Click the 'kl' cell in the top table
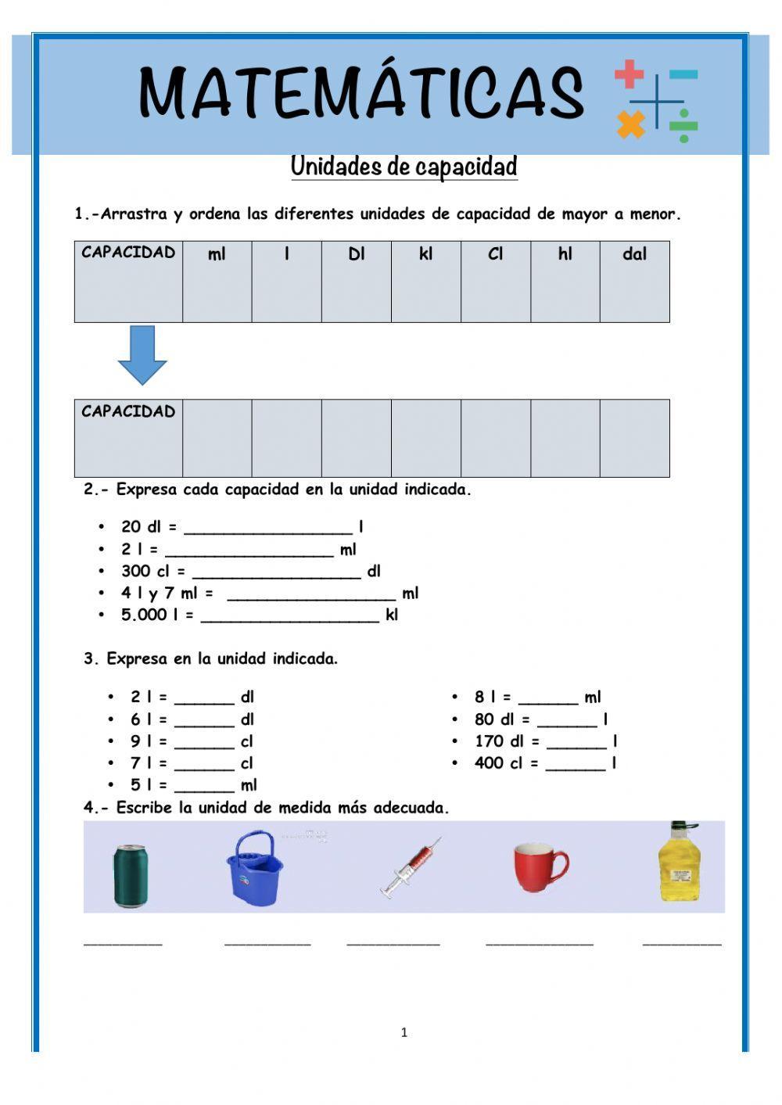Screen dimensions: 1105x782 coord(425,281)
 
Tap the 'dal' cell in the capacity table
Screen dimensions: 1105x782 coord(634,281)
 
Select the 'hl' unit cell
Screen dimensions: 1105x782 coord(565,281)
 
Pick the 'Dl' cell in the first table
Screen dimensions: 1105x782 coord(356,281)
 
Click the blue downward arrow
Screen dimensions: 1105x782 coord(142,355)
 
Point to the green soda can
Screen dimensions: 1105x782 coord(130,875)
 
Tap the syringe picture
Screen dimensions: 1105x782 coord(411,867)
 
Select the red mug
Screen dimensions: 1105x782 coord(540,867)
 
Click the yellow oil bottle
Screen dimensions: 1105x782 coord(678,862)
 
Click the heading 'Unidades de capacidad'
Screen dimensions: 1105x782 coord(404,167)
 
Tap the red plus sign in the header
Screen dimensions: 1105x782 coord(629,74)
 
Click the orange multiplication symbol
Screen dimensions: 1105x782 coord(630,124)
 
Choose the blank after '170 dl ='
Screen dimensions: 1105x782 coord(576,742)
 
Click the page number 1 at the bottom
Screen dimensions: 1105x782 coord(404,1032)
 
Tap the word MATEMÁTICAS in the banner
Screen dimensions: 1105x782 coord(361,92)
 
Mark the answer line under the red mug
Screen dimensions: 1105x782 coord(539,942)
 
